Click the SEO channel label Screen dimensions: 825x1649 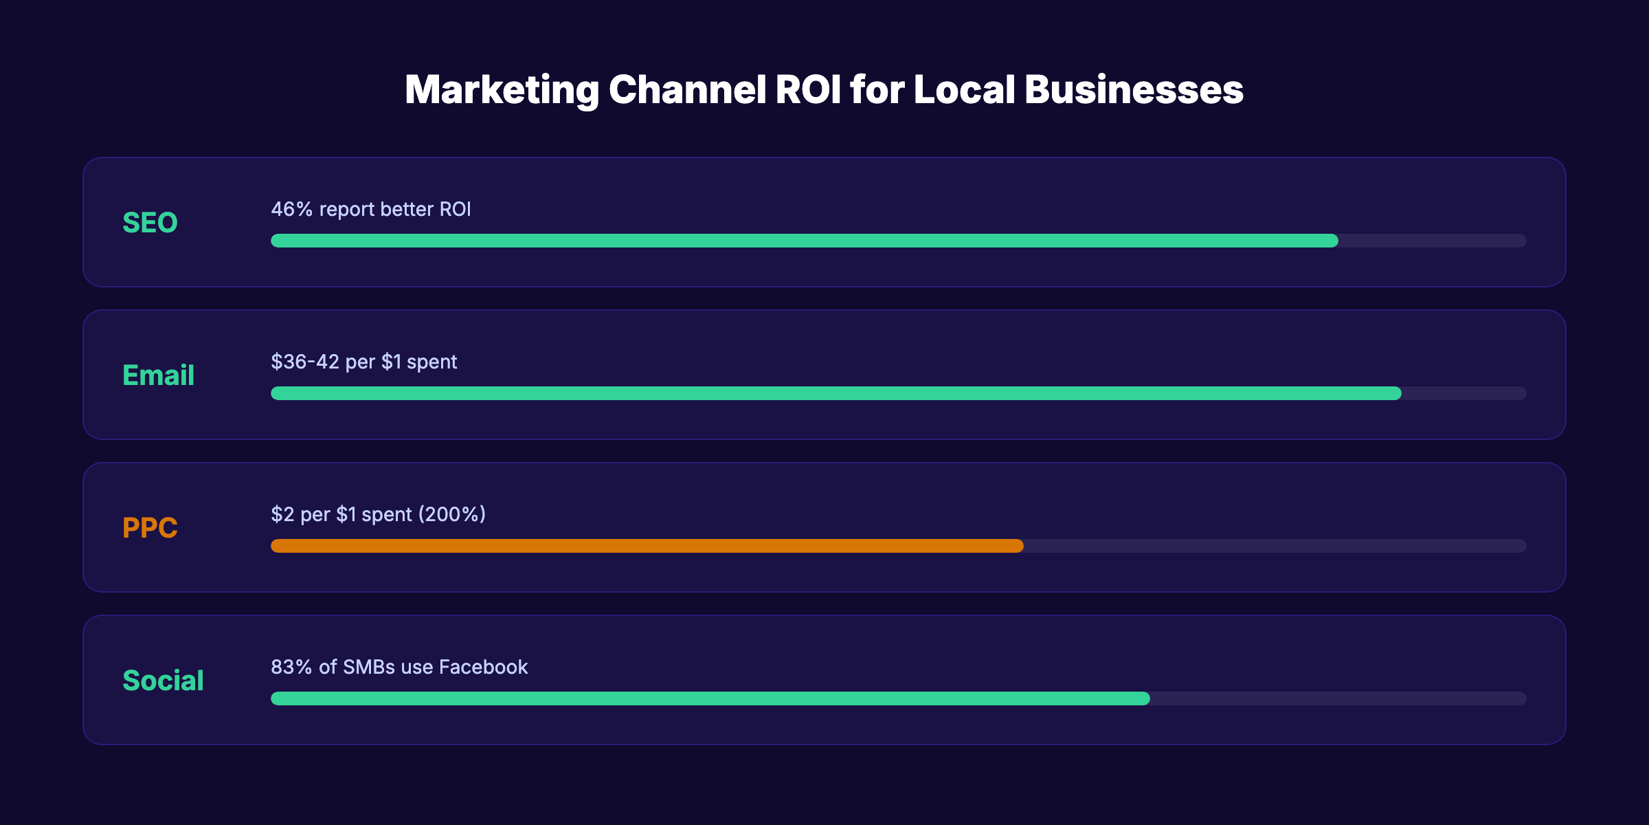(x=150, y=223)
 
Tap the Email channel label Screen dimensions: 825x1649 (x=158, y=375)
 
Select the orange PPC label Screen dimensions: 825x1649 (x=150, y=528)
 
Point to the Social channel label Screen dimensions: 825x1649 (x=163, y=681)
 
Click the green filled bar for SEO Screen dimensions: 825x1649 (x=804, y=241)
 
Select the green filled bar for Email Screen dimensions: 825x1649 (x=835, y=393)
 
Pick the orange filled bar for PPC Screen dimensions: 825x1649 (x=647, y=546)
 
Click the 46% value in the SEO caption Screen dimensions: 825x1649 (x=292, y=209)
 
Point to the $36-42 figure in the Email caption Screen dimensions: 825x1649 (x=305, y=362)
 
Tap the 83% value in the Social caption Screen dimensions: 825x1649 (x=292, y=667)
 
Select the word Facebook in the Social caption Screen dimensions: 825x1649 (x=483, y=667)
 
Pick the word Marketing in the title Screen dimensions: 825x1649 (x=502, y=90)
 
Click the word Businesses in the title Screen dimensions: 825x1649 (x=1134, y=90)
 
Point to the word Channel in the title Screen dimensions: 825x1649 (x=687, y=90)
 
